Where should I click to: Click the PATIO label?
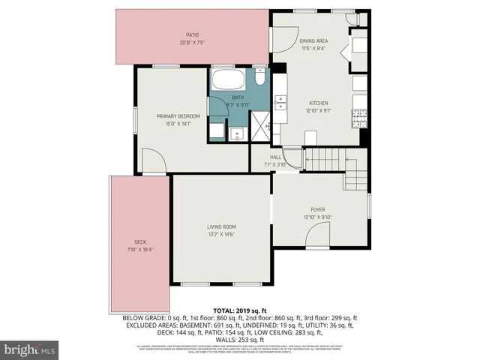coord(193,34)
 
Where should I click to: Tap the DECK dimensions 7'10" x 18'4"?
coord(140,249)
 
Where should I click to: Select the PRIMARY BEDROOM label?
coord(178,116)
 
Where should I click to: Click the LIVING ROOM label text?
coord(221,226)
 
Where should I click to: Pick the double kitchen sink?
coord(281,103)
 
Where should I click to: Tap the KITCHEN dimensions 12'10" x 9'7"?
coord(319,111)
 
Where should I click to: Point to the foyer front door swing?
coord(317,238)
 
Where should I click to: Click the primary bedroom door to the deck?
coord(154,161)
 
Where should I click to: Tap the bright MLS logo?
coord(29,349)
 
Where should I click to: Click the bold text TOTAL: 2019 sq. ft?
coord(239,309)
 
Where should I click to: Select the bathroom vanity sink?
coord(237,134)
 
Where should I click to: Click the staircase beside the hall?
coord(325,159)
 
